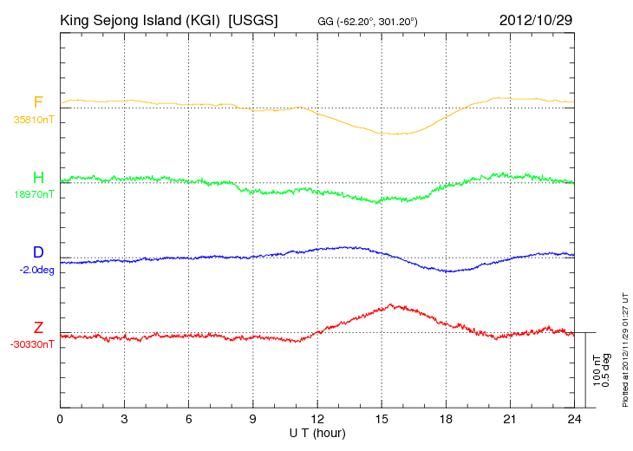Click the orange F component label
(38, 101)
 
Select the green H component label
(38, 177)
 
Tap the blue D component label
(38, 252)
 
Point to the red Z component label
(38, 327)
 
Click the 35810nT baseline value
(34, 120)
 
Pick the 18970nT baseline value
(34, 194)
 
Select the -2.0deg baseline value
(36, 270)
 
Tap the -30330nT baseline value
(32, 344)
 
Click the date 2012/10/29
(536, 20)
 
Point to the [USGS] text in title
(253, 20)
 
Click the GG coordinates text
(368, 22)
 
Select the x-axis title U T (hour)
(317, 434)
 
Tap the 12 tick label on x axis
(317, 419)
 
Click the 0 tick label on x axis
(60, 419)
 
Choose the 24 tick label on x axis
(574, 419)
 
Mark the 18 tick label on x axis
(446, 419)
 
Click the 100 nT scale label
(597, 370)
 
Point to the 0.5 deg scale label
(606, 370)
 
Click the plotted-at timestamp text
(625, 350)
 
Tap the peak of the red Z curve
(390, 304)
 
